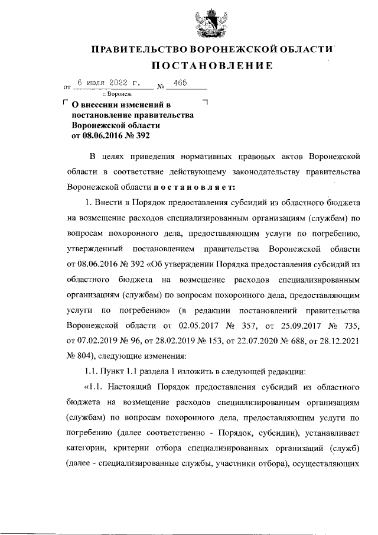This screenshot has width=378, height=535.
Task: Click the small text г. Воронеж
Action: pyautogui.click(x=117, y=94)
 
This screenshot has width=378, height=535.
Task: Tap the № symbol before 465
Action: pyautogui.click(x=160, y=87)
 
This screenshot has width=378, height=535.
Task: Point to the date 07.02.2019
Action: pyautogui.click(x=87, y=341)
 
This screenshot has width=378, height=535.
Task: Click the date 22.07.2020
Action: pyautogui.click(x=250, y=341)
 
